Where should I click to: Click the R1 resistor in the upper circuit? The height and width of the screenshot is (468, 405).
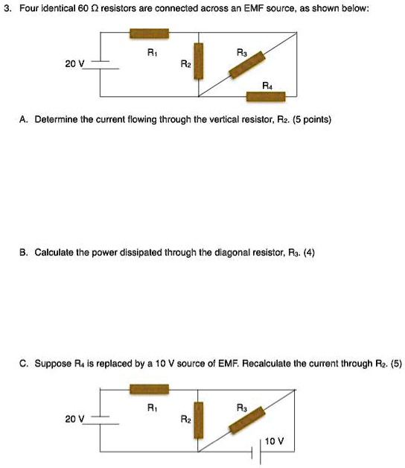[x=150, y=33]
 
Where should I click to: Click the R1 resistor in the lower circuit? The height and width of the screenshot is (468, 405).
[x=150, y=388]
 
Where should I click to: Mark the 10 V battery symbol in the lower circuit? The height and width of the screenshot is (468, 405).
[x=261, y=451]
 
